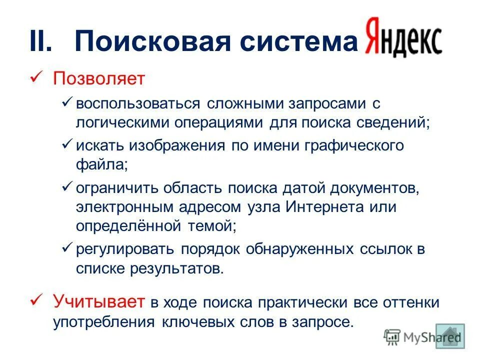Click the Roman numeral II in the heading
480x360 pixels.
[40, 42]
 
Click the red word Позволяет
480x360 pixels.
[99, 78]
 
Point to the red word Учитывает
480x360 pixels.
[99, 302]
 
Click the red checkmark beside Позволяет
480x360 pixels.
[36, 78]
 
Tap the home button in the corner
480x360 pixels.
[450, 336]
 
